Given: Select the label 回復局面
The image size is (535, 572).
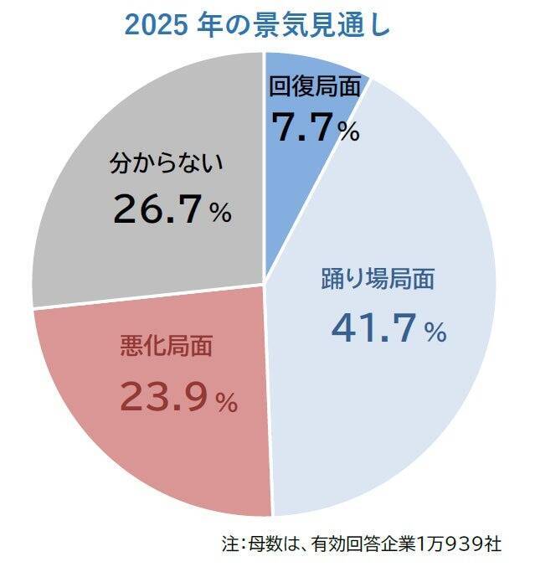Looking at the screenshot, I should click(315, 86).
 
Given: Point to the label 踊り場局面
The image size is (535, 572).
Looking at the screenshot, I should click(378, 279).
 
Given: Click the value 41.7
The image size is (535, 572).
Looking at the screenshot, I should click(373, 327).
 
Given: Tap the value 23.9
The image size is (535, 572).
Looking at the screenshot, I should click(162, 396).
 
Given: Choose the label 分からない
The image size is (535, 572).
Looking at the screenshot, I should click(167, 163).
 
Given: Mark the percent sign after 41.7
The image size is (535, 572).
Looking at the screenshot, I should click(435, 333).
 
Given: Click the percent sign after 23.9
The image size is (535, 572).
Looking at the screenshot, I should click(227, 403).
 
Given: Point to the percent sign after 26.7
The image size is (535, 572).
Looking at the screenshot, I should click(220, 214).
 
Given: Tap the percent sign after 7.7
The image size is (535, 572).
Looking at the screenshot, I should click(349, 131).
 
